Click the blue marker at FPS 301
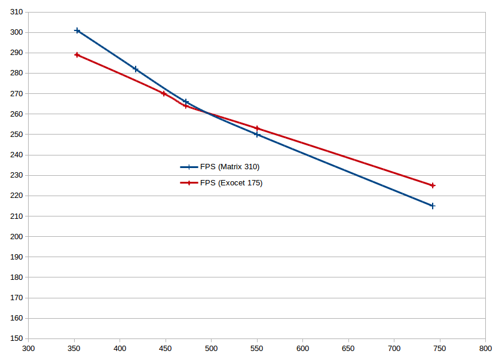pos(77,30)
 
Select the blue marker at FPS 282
pos(136,69)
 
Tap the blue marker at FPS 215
pos(433,206)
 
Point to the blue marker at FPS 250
pos(257,135)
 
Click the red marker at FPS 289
pos(77,55)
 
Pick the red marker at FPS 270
pos(164,93)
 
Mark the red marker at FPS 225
pos(433,185)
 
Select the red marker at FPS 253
pos(257,128)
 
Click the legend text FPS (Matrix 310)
pos(229,167)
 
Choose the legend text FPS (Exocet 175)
pos(231,183)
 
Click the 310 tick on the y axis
pos(17,12)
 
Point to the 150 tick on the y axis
pos(17,338)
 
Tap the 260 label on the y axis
pos(17,114)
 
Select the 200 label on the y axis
pos(17,237)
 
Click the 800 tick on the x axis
pos(485,348)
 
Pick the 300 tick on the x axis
pos(28,348)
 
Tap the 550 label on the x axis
pos(257,348)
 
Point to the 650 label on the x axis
pos(348,348)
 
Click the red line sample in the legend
pos(189,183)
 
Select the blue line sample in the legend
pos(189,167)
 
